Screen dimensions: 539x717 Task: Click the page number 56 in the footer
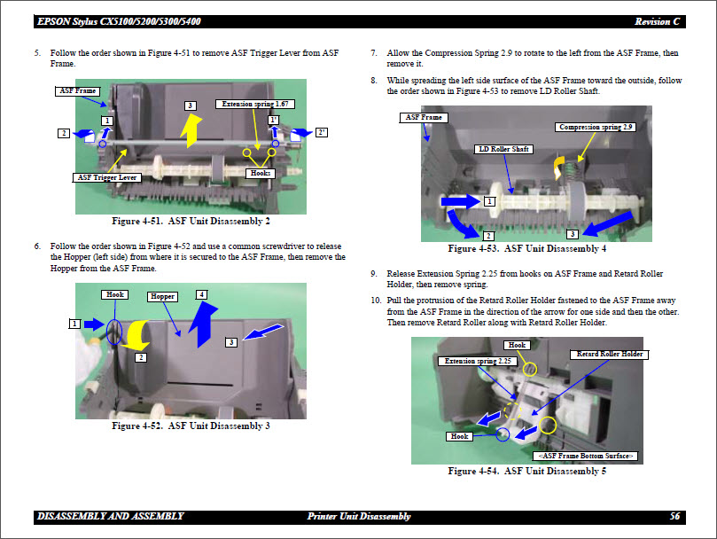click(x=674, y=516)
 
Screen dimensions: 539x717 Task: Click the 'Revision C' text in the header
click(x=659, y=21)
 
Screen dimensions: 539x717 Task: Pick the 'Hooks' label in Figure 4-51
click(x=259, y=173)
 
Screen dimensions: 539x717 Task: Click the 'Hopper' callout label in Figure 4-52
click(x=162, y=296)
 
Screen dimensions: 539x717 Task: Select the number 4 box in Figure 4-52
click(x=201, y=293)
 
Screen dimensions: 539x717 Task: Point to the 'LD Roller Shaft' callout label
click(x=503, y=149)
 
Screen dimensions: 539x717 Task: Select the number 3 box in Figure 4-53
click(x=573, y=233)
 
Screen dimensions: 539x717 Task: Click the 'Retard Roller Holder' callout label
click(x=610, y=354)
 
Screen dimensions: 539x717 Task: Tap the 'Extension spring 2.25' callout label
click(x=479, y=361)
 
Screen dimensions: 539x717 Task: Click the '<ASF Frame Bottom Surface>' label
click(x=586, y=455)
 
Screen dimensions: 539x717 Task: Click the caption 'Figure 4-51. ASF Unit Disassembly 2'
click(x=191, y=221)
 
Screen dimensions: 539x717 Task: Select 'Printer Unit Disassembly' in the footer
click(x=359, y=516)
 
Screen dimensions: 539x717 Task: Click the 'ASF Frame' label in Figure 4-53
click(x=424, y=117)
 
